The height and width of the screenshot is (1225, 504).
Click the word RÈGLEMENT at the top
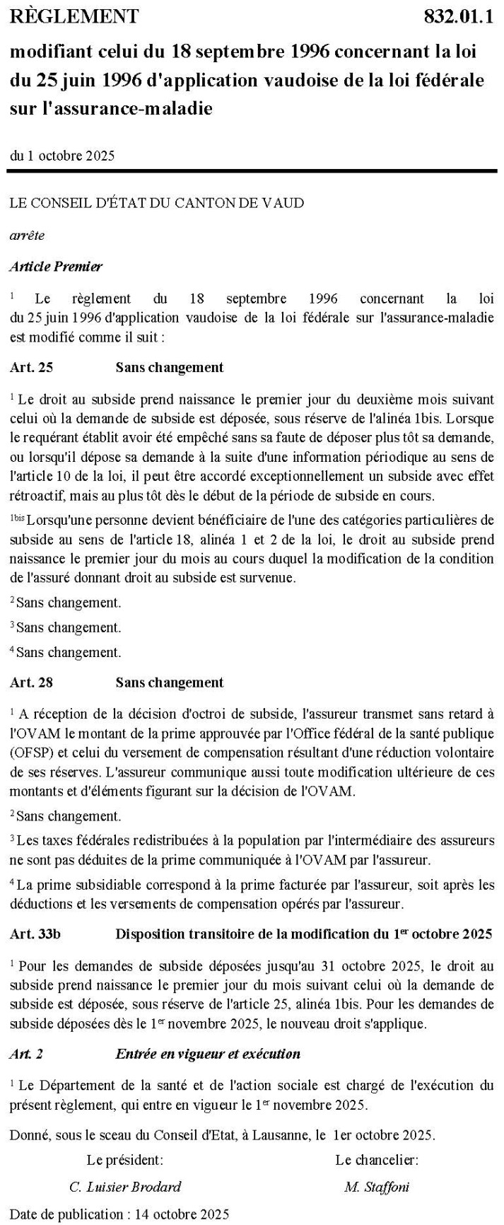click(x=74, y=16)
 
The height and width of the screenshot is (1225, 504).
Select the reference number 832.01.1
click(x=457, y=16)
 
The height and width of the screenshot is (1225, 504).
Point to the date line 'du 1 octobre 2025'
click(x=62, y=156)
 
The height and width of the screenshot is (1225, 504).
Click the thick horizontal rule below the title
click(x=252, y=171)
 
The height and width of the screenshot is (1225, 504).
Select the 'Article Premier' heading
click(x=56, y=267)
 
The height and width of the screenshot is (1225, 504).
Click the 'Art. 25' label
click(x=31, y=367)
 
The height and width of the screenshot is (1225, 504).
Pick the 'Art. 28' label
click(x=31, y=683)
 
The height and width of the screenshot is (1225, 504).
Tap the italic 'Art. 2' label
click(x=27, y=1054)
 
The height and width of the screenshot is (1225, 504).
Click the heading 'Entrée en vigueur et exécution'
click(x=208, y=1054)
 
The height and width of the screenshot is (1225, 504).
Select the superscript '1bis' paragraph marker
click(x=17, y=518)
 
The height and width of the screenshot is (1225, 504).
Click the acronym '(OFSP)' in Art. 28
click(x=31, y=751)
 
